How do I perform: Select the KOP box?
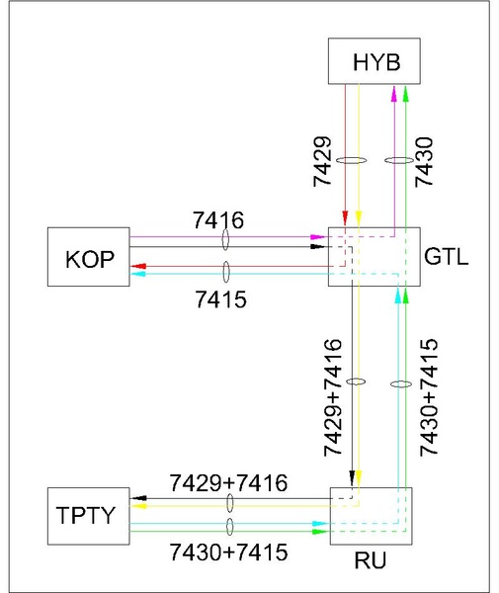pos(89,258)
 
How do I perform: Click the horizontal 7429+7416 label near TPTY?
pos(228,483)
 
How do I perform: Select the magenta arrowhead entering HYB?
pos(393,91)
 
